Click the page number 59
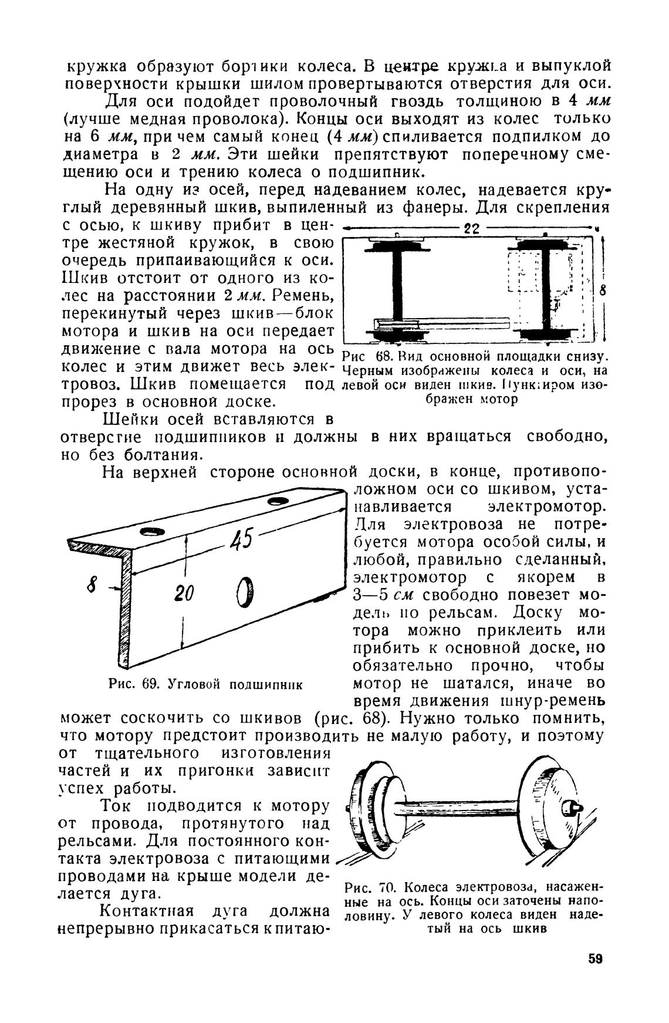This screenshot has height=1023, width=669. pyautogui.click(x=595, y=958)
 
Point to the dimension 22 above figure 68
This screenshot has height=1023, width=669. pyautogui.click(x=472, y=228)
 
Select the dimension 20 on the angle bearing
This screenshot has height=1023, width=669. pyautogui.click(x=184, y=594)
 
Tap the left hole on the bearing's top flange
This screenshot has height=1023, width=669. pyautogui.click(x=152, y=532)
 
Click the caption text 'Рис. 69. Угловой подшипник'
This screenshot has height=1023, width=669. pyautogui.click(x=205, y=684)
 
